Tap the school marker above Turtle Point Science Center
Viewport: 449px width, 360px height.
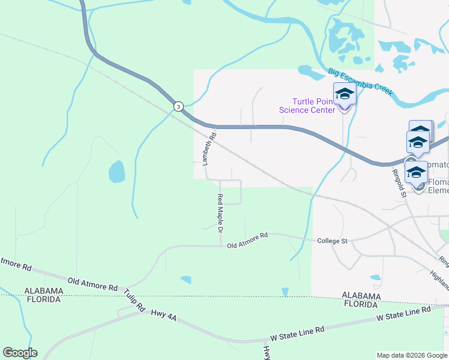345,94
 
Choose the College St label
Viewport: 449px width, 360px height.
332,241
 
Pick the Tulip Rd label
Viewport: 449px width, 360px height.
135,300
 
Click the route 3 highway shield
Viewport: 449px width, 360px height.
178,106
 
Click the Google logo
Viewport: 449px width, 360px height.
20,353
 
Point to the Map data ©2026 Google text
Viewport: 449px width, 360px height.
411,355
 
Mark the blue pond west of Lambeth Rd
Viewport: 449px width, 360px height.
116,172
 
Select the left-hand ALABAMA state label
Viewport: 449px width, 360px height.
43,290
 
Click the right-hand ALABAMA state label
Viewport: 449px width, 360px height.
361,296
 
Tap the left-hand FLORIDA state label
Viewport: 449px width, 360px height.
43,299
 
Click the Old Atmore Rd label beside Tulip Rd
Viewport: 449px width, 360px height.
92,283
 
